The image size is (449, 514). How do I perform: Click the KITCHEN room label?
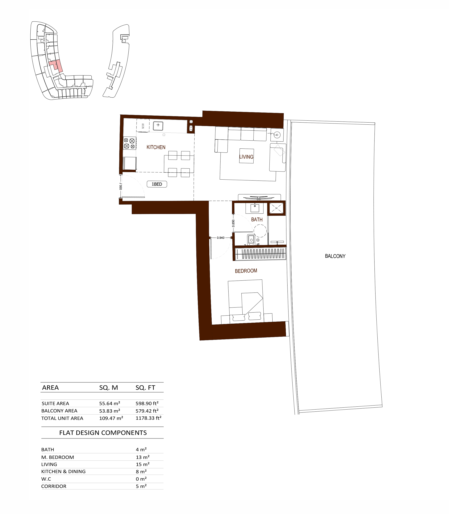pyautogui.click(x=156, y=147)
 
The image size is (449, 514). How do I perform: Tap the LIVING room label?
pyautogui.click(x=246, y=157)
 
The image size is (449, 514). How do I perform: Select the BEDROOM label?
pyautogui.click(x=246, y=271)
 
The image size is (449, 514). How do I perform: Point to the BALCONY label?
pyautogui.click(x=335, y=256)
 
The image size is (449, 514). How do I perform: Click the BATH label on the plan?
pyautogui.click(x=257, y=220)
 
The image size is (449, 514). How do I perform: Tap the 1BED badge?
pyautogui.click(x=157, y=184)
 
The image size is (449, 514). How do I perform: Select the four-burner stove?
pyautogui.click(x=130, y=143)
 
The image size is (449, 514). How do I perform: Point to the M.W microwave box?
pyautogui.click(x=143, y=126)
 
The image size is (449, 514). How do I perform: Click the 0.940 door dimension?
pyautogui.click(x=221, y=238)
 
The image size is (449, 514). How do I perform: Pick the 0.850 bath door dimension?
pyautogui.click(x=233, y=223)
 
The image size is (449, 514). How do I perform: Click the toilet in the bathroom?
pyautogui.click(x=251, y=240)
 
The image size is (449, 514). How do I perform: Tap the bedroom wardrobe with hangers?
pyautogui.click(x=260, y=254)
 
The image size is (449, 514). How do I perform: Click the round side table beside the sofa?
pyautogui.click(x=277, y=135)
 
